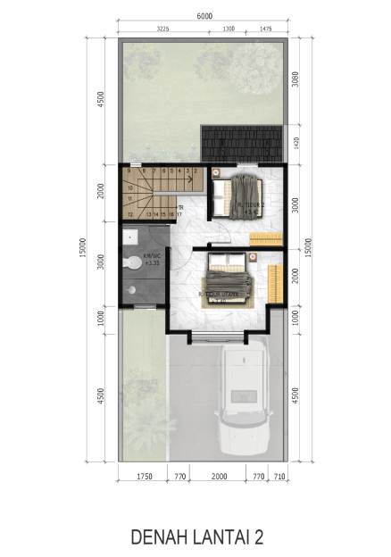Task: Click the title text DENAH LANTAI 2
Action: [x=196, y=536]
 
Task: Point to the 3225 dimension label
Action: [x=162, y=29]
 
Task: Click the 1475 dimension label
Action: [x=264, y=29]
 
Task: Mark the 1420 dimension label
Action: [x=295, y=142]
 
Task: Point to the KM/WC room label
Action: [x=151, y=261]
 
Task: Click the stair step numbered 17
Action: [x=178, y=214]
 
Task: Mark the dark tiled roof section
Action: [x=241, y=141]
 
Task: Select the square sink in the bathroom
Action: [x=129, y=236]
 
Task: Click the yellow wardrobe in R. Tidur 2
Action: [x=266, y=238]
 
